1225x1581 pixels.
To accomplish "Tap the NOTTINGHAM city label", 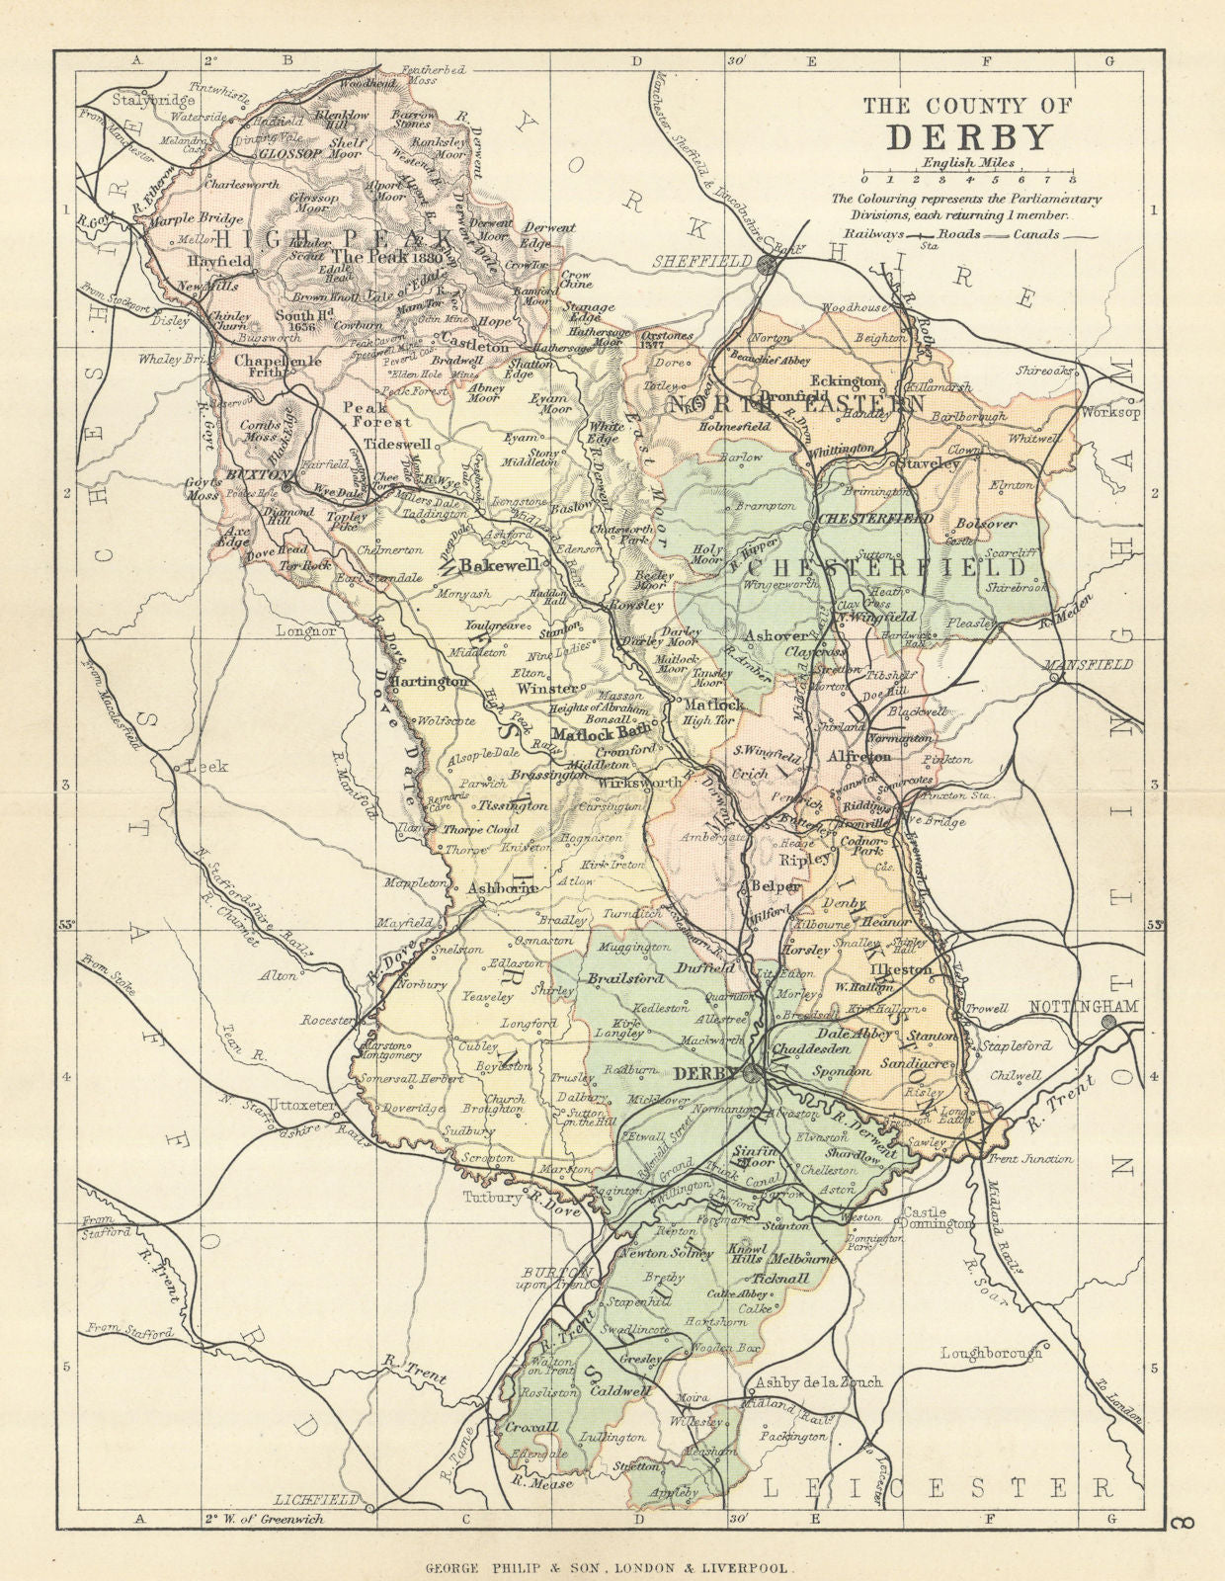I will point(1084,1006).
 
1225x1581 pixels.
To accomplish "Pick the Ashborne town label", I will point(502,887).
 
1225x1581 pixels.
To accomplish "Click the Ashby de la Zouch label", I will point(818,1381).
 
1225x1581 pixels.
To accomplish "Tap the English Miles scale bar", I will point(967,180).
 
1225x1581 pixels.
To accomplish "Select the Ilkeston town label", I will point(899,969).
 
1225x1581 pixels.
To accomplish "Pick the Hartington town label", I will point(427,682).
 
